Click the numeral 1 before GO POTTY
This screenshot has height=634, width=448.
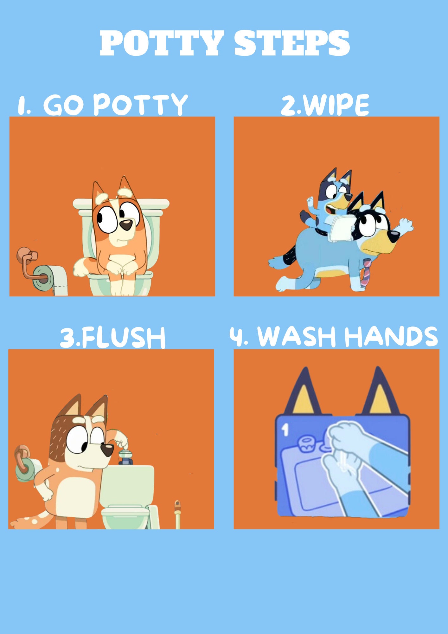coord(23,105)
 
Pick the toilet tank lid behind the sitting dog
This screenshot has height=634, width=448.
coord(121,204)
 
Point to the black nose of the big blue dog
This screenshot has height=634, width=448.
coord(394,236)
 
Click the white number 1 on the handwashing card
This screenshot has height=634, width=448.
coord(285,430)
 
